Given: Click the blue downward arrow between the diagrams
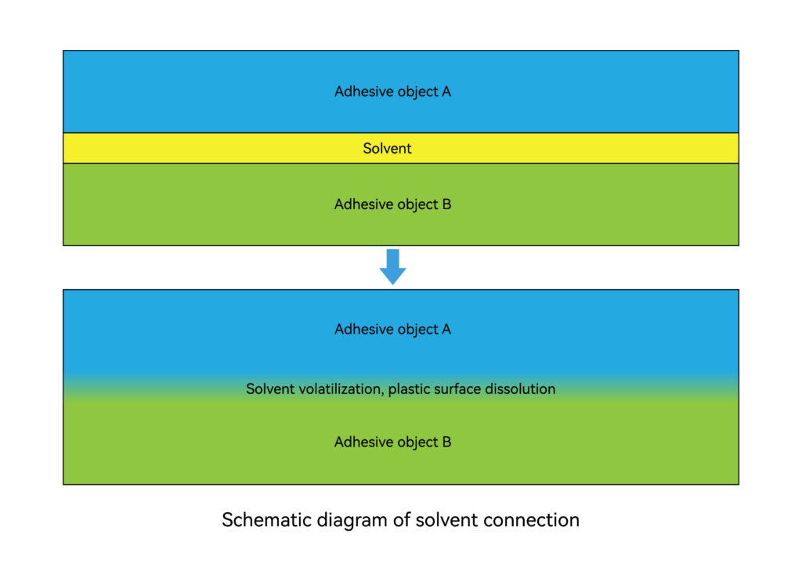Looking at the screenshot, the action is (x=393, y=267).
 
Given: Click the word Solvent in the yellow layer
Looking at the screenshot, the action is (x=387, y=148).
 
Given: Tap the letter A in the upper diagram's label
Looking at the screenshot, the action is (x=446, y=92).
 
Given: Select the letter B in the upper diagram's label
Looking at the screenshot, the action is (x=446, y=204).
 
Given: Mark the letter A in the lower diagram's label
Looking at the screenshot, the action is (x=446, y=329).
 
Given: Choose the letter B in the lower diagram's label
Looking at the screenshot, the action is (x=446, y=442).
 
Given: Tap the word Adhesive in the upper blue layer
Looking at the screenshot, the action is (x=359, y=92).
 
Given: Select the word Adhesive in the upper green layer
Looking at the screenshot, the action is (x=359, y=204).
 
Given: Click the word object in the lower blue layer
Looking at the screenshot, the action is (x=414, y=330).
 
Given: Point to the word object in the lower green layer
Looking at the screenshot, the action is (x=414, y=442).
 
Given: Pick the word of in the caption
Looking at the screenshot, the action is (x=402, y=520).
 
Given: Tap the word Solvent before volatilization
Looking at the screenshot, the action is (x=269, y=389).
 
